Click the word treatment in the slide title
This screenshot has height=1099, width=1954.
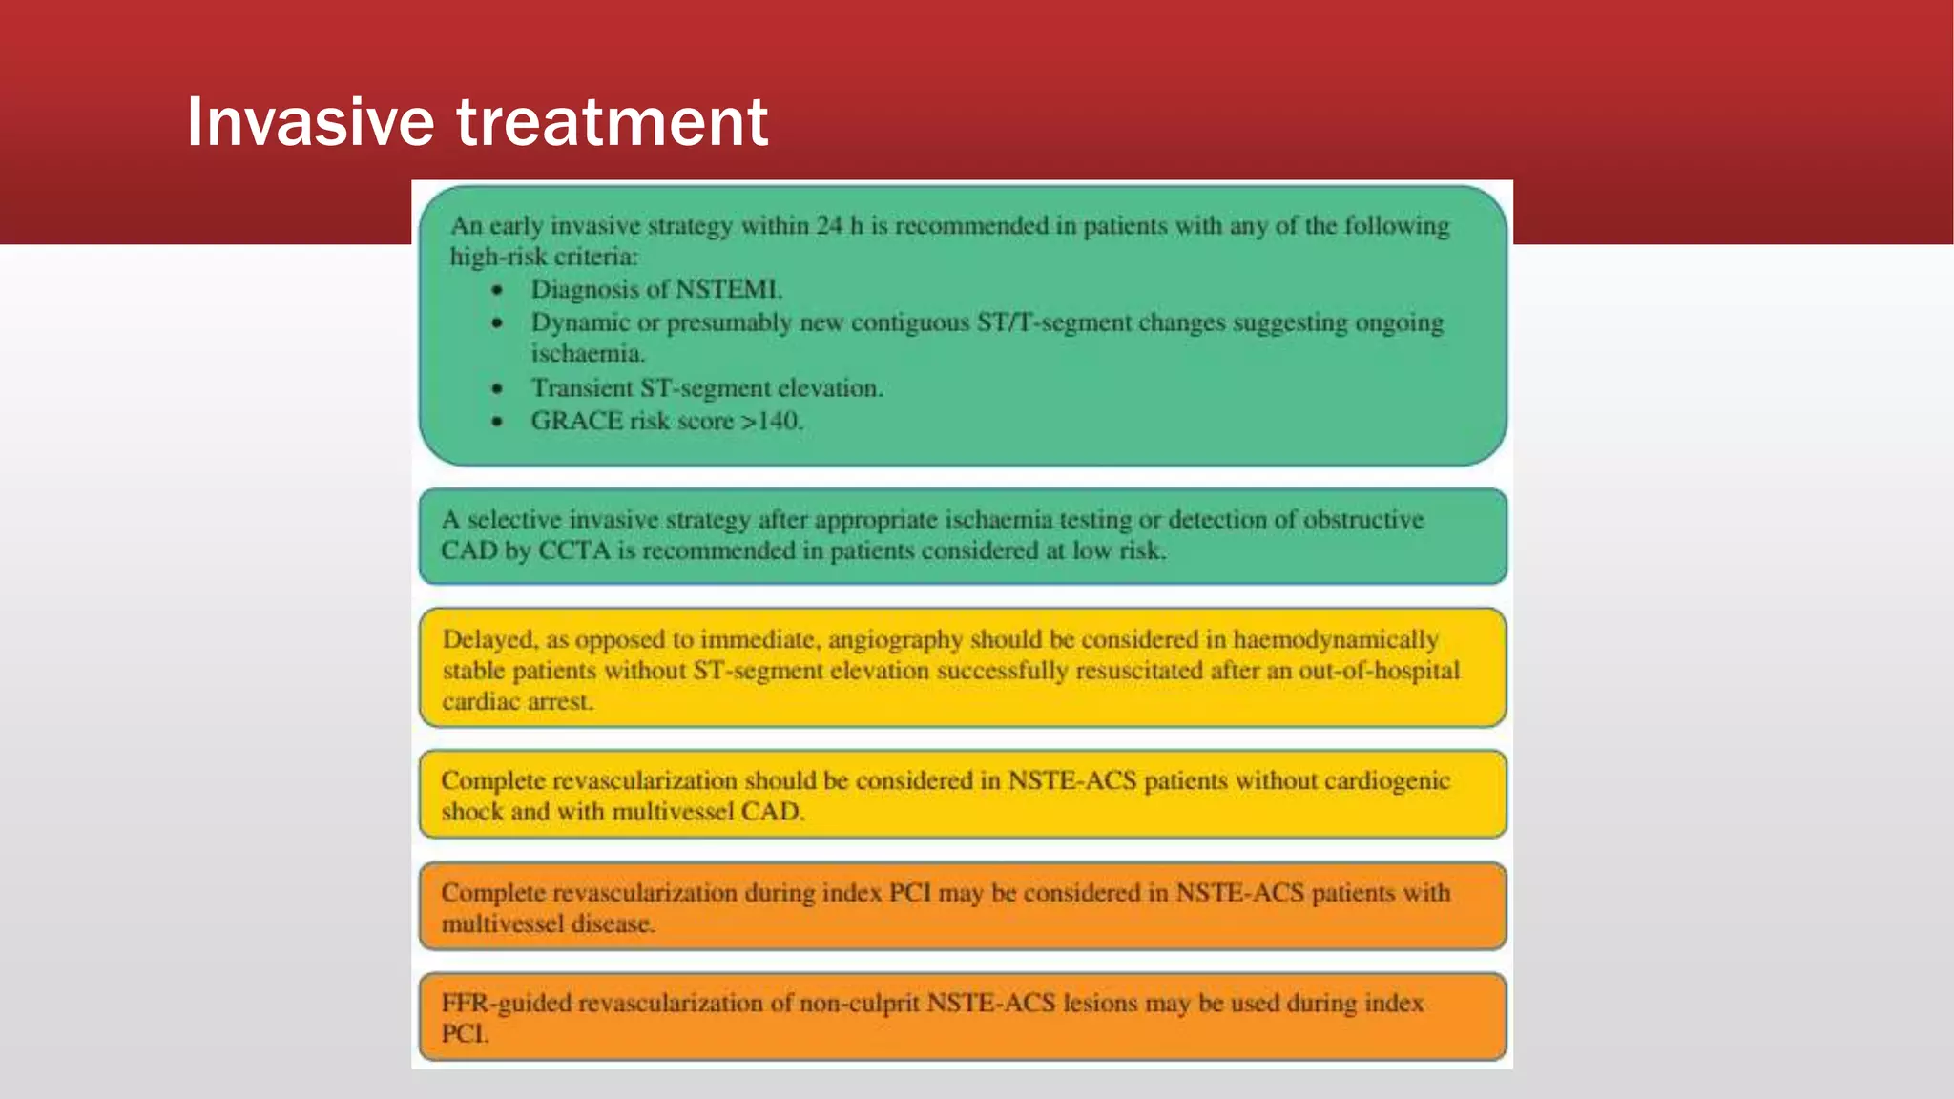(x=612, y=122)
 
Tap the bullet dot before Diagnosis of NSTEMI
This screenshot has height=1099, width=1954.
(x=497, y=290)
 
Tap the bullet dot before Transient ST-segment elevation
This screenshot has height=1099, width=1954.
(x=497, y=388)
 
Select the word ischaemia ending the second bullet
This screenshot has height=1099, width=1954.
(x=587, y=354)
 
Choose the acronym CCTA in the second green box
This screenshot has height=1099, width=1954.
(x=574, y=550)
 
